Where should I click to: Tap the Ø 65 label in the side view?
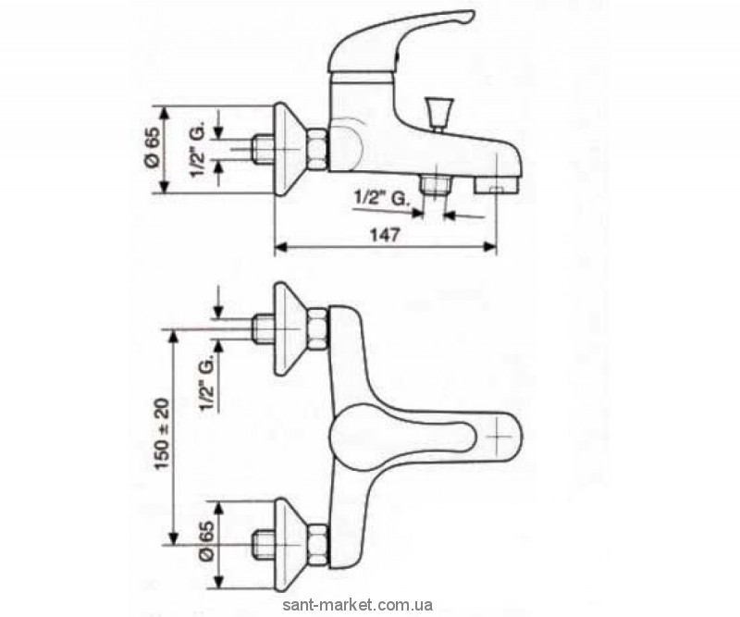(x=153, y=149)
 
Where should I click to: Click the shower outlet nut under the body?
(x=432, y=188)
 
